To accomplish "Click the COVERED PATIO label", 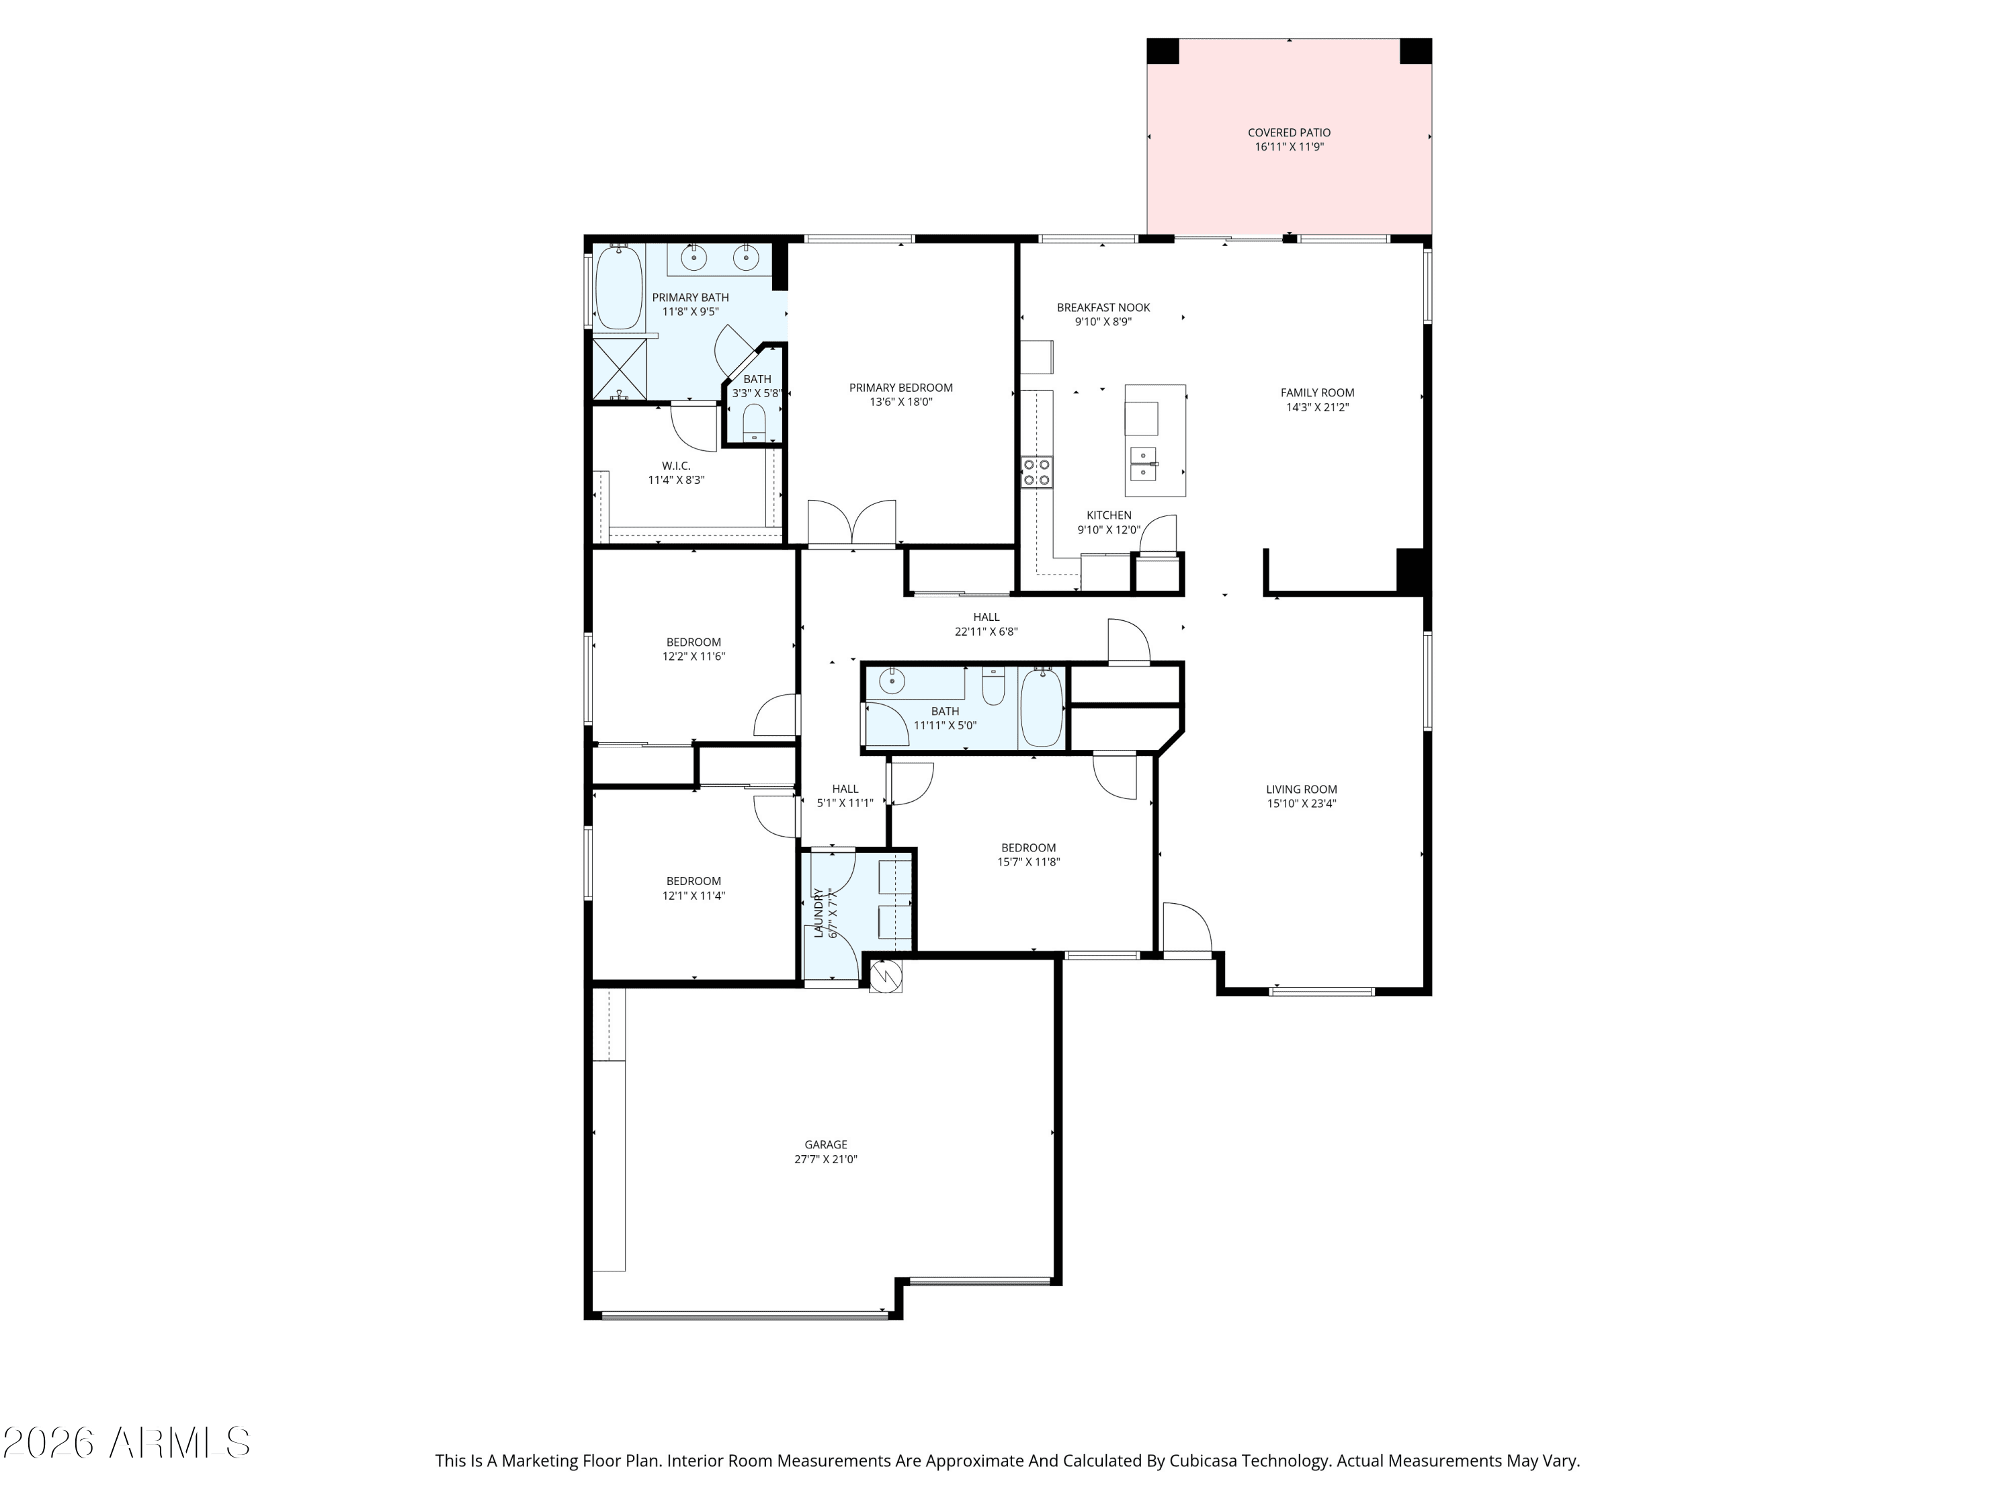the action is click(1289, 133).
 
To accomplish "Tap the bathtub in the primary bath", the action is click(619, 286).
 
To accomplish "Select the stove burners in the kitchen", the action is click(1036, 472).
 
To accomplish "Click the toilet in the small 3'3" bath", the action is click(755, 424).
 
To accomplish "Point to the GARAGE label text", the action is click(826, 1144).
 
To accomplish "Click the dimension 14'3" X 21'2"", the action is click(1317, 407).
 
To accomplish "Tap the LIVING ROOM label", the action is click(1302, 790).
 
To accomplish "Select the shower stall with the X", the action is click(620, 369).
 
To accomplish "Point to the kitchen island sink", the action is click(1144, 464).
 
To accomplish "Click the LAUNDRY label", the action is click(818, 913).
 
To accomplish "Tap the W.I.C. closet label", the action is click(676, 466).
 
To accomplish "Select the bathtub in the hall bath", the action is click(1041, 707).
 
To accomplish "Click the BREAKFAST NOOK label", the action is click(1103, 307).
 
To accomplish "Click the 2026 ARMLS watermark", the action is click(127, 1443).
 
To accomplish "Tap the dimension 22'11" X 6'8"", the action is click(986, 632).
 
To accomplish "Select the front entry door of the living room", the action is click(1187, 929).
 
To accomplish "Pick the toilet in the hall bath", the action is click(993, 685).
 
